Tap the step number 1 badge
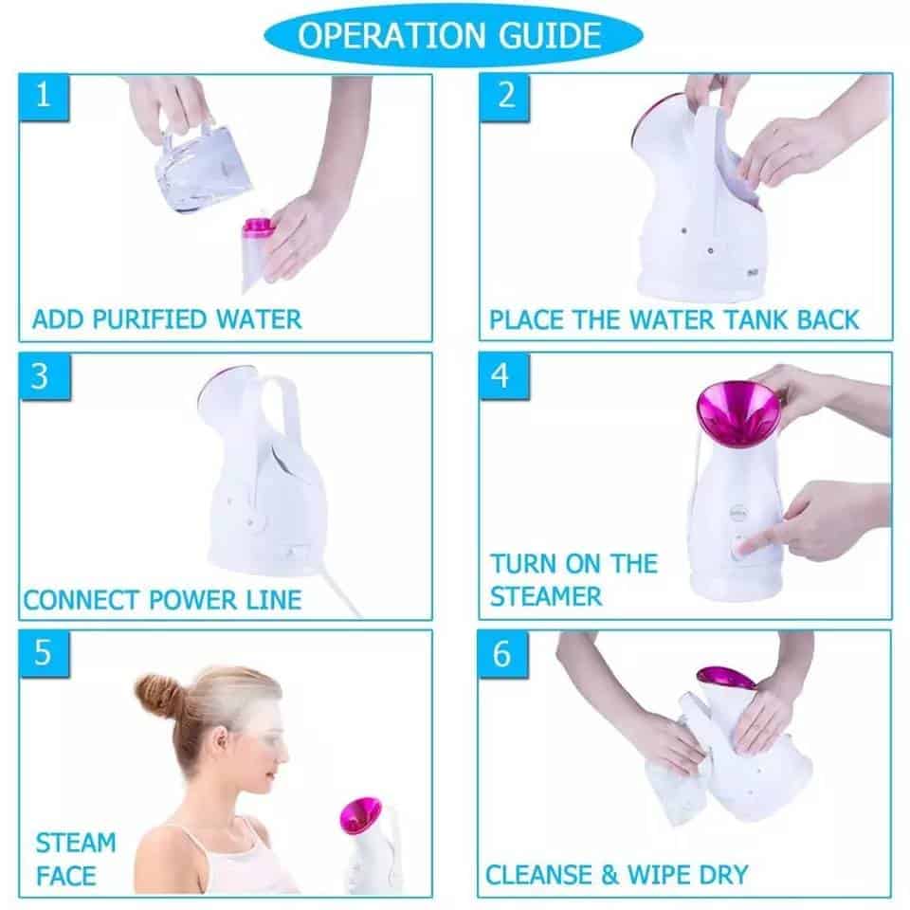pyautogui.click(x=43, y=97)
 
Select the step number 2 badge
pyautogui.click(x=504, y=97)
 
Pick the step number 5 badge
pyautogui.click(x=43, y=653)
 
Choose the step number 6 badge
pyautogui.click(x=503, y=653)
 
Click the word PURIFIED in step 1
pyautogui.click(x=153, y=319)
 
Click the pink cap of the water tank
pyautogui.click(x=259, y=227)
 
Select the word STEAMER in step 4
pyautogui.click(x=546, y=596)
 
